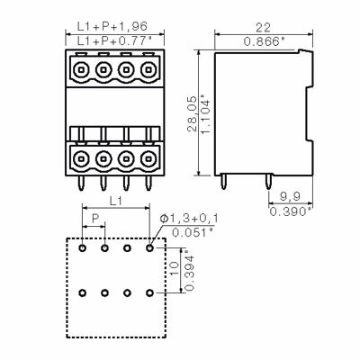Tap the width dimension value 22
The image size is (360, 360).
tap(264, 28)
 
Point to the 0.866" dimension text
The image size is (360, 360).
tap(264, 41)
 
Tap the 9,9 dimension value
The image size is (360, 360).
tap(290, 195)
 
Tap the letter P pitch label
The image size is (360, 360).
tap(94, 219)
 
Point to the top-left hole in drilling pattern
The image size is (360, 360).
tap(83, 247)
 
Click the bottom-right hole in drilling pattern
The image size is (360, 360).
tap(149, 292)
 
